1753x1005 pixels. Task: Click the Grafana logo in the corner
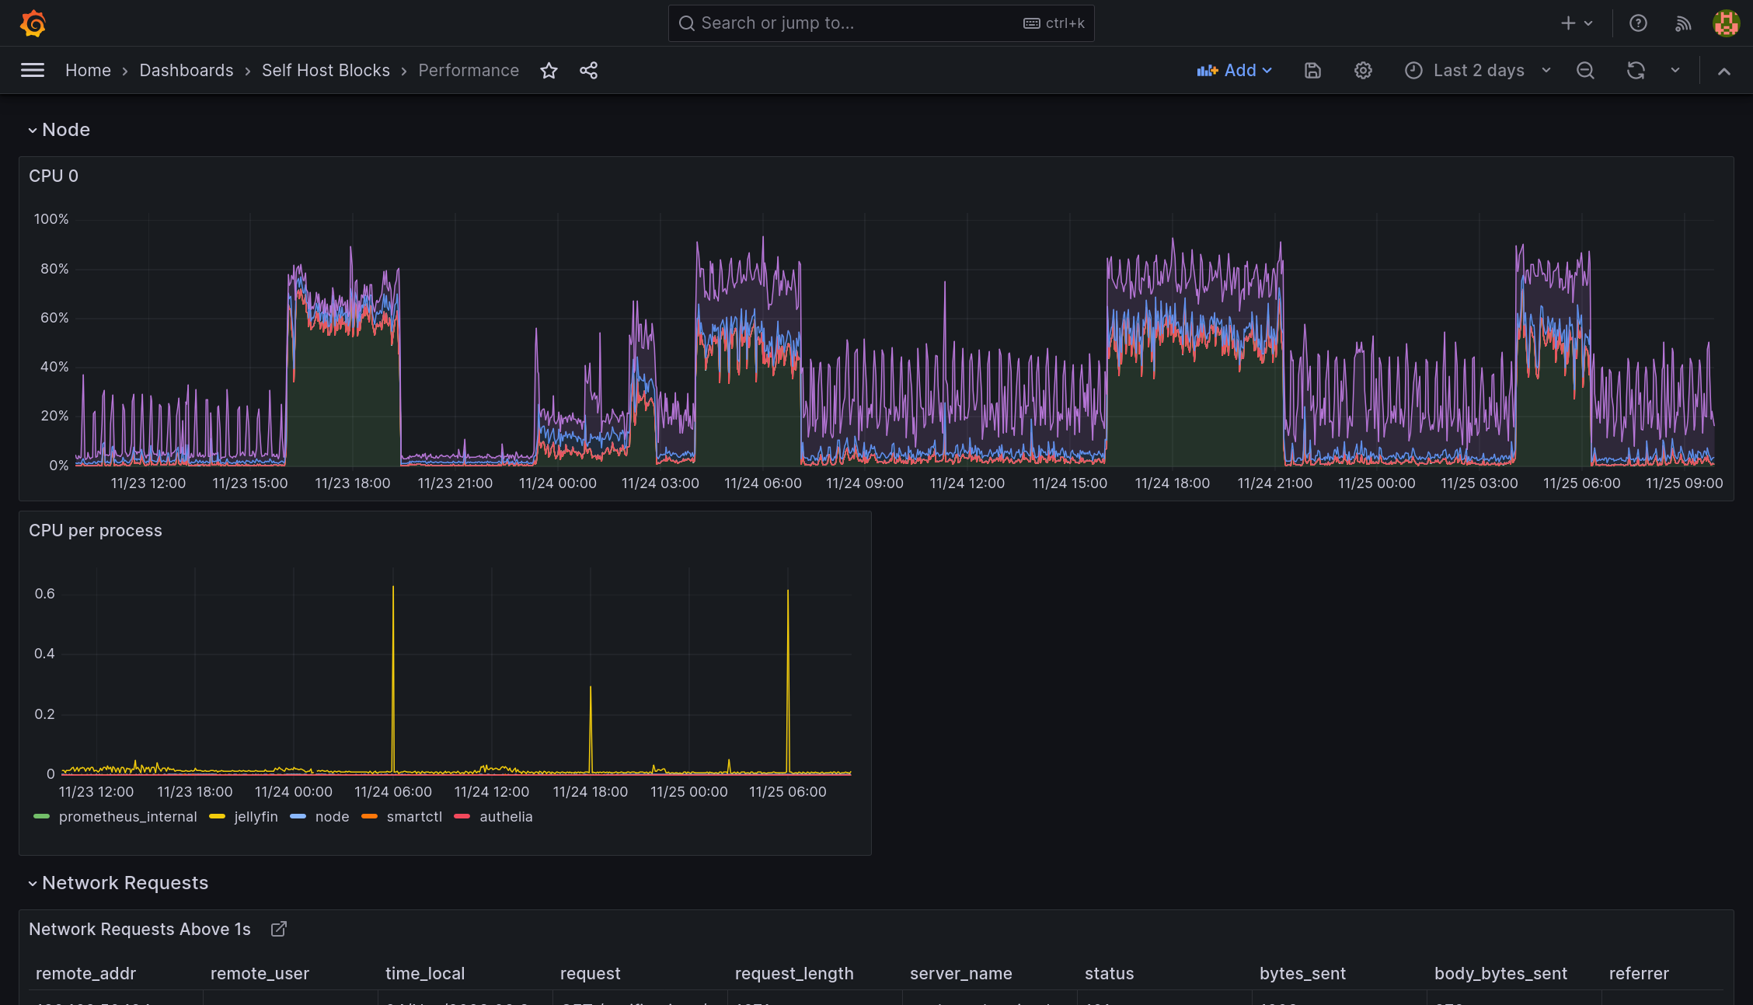(x=33, y=23)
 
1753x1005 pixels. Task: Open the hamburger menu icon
(x=33, y=71)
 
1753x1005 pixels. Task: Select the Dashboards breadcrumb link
(x=186, y=71)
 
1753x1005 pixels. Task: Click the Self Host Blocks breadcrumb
(x=326, y=71)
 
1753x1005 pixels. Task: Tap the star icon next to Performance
(x=549, y=71)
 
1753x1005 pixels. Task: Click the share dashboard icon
(x=589, y=71)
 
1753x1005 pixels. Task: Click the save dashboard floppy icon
(x=1312, y=71)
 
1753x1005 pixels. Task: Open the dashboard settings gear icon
(x=1363, y=71)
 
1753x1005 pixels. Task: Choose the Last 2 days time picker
(x=1478, y=71)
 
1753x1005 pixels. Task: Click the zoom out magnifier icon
(x=1585, y=71)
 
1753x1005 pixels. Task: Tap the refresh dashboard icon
(x=1636, y=71)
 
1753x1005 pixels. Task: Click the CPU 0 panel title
(x=54, y=176)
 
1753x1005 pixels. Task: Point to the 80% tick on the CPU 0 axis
(x=54, y=269)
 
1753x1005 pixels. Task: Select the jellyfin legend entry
(x=256, y=817)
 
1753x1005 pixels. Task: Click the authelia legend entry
(x=506, y=817)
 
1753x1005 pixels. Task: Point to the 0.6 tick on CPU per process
(x=45, y=594)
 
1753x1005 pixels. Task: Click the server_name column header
(x=960, y=974)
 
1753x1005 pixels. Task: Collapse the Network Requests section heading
(x=124, y=883)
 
